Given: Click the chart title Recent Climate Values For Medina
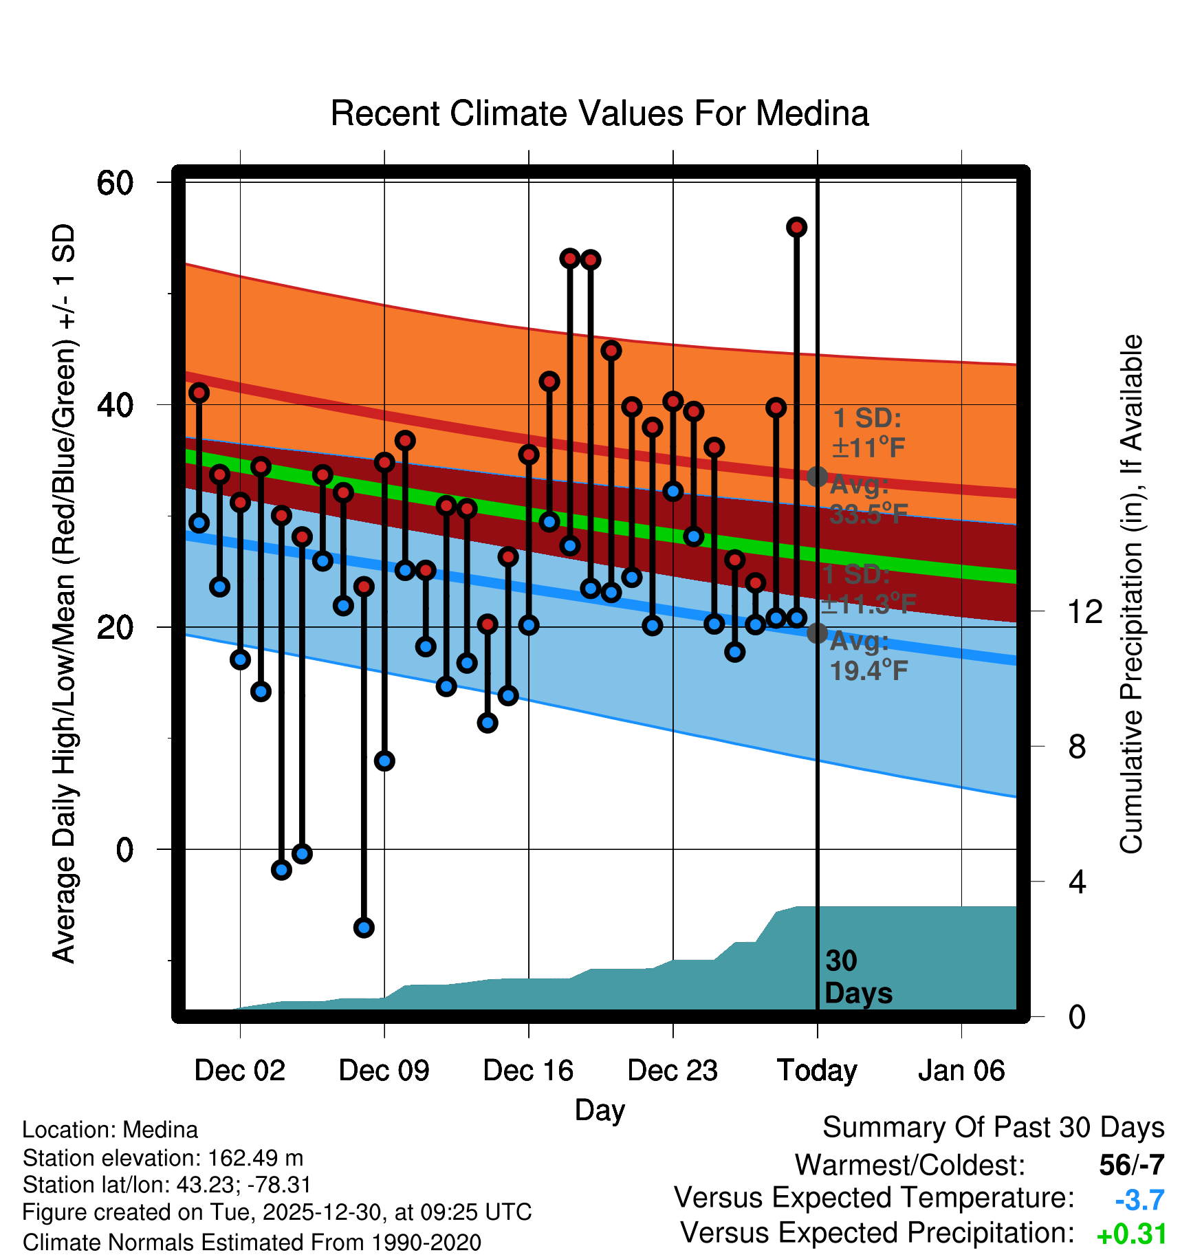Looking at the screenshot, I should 600,113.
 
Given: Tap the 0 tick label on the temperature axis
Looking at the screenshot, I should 124,850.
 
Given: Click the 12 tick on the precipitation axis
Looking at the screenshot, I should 1085,611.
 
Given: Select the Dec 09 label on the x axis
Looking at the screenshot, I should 384,1071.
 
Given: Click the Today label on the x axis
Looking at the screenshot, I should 817,1071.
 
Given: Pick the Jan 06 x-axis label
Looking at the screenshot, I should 961,1071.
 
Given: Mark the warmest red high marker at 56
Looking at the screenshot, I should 796,227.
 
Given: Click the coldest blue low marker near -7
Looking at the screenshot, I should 364,928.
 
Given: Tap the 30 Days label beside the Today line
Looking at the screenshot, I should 857,977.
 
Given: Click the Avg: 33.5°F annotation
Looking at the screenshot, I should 868,500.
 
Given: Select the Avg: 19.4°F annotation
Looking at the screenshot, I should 868,656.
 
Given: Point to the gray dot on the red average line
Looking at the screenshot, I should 817,476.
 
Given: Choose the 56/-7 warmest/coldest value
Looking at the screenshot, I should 1131,1165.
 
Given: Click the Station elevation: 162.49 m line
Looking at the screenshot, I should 163,1158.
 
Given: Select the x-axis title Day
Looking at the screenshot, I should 600,1110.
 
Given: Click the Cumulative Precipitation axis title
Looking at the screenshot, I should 1131,594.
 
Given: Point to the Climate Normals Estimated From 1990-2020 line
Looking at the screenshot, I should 252,1242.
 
